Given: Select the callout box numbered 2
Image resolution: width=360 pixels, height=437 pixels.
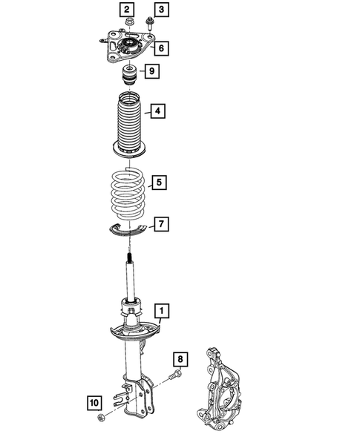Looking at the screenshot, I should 127,10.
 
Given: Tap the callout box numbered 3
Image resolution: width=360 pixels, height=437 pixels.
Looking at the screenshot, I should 161,10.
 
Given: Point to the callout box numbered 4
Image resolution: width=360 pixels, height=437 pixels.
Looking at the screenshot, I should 157,112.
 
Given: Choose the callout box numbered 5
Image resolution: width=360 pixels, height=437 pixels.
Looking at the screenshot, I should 157,182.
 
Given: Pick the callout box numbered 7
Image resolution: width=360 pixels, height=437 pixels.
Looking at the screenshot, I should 161,223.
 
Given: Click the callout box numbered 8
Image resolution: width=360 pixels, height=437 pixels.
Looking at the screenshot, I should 179,359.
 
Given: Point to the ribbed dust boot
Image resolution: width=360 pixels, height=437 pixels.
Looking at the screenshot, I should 128,122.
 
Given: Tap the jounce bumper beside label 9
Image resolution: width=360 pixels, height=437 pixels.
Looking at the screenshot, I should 130,76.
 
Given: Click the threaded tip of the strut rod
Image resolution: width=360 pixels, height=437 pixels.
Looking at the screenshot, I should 130,260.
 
